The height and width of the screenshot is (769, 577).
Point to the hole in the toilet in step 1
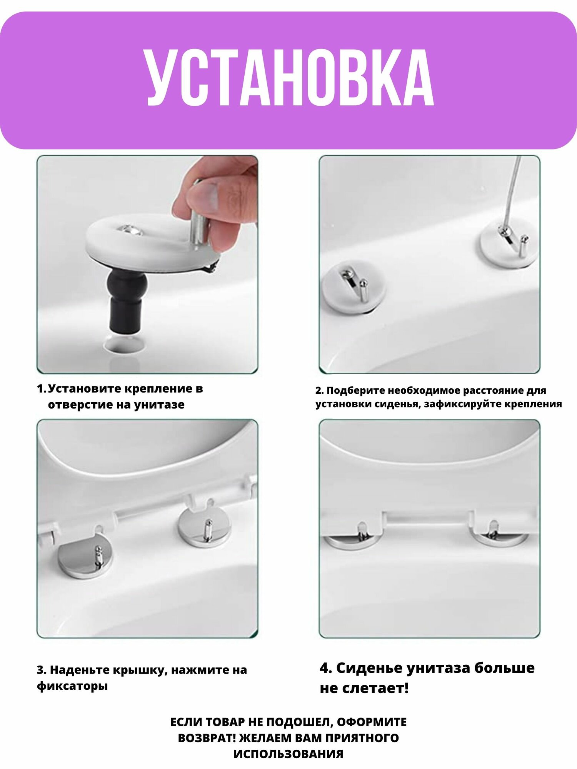125,343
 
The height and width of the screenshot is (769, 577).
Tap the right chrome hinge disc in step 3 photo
205,528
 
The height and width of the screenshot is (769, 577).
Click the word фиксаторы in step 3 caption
72,686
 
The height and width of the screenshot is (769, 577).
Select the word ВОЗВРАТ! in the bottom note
207,738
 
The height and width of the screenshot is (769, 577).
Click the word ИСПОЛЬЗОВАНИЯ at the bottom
288,754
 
